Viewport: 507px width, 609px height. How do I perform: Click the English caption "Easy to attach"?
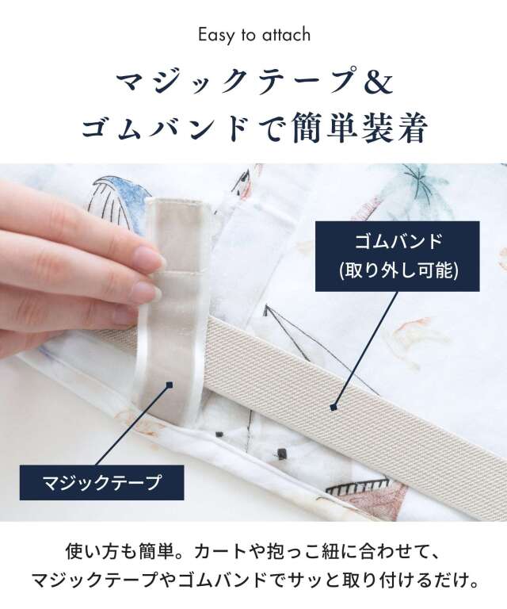[x=254, y=35]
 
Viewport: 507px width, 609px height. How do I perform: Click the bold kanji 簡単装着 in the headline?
[x=359, y=127]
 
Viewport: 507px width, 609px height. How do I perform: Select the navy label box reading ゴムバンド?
[x=397, y=256]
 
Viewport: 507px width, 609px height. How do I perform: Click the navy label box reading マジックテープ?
[x=101, y=482]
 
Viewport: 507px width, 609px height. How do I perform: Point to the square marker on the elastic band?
[x=333, y=407]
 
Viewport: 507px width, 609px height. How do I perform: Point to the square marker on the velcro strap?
[x=169, y=385]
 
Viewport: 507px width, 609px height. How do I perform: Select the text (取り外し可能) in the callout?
[x=398, y=270]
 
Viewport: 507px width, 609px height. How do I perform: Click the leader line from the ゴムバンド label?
[x=365, y=349]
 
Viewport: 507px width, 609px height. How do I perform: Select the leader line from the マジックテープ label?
[x=132, y=425]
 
